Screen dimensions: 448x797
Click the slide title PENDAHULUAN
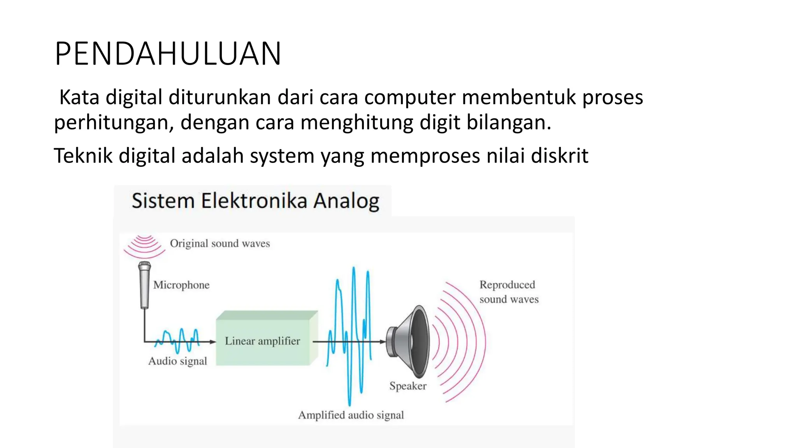[168, 54]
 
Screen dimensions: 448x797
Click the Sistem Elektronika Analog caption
[255, 201]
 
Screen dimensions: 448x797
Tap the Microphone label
[181, 285]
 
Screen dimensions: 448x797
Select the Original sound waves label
[220, 243]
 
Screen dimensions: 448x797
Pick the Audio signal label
[177, 361]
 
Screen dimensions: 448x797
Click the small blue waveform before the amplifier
[177, 340]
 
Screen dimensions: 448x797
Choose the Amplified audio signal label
[351, 415]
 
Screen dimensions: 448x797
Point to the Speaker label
[408, 386]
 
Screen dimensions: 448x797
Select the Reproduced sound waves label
[509, 292]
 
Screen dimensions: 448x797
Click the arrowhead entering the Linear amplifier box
[213, 342]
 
